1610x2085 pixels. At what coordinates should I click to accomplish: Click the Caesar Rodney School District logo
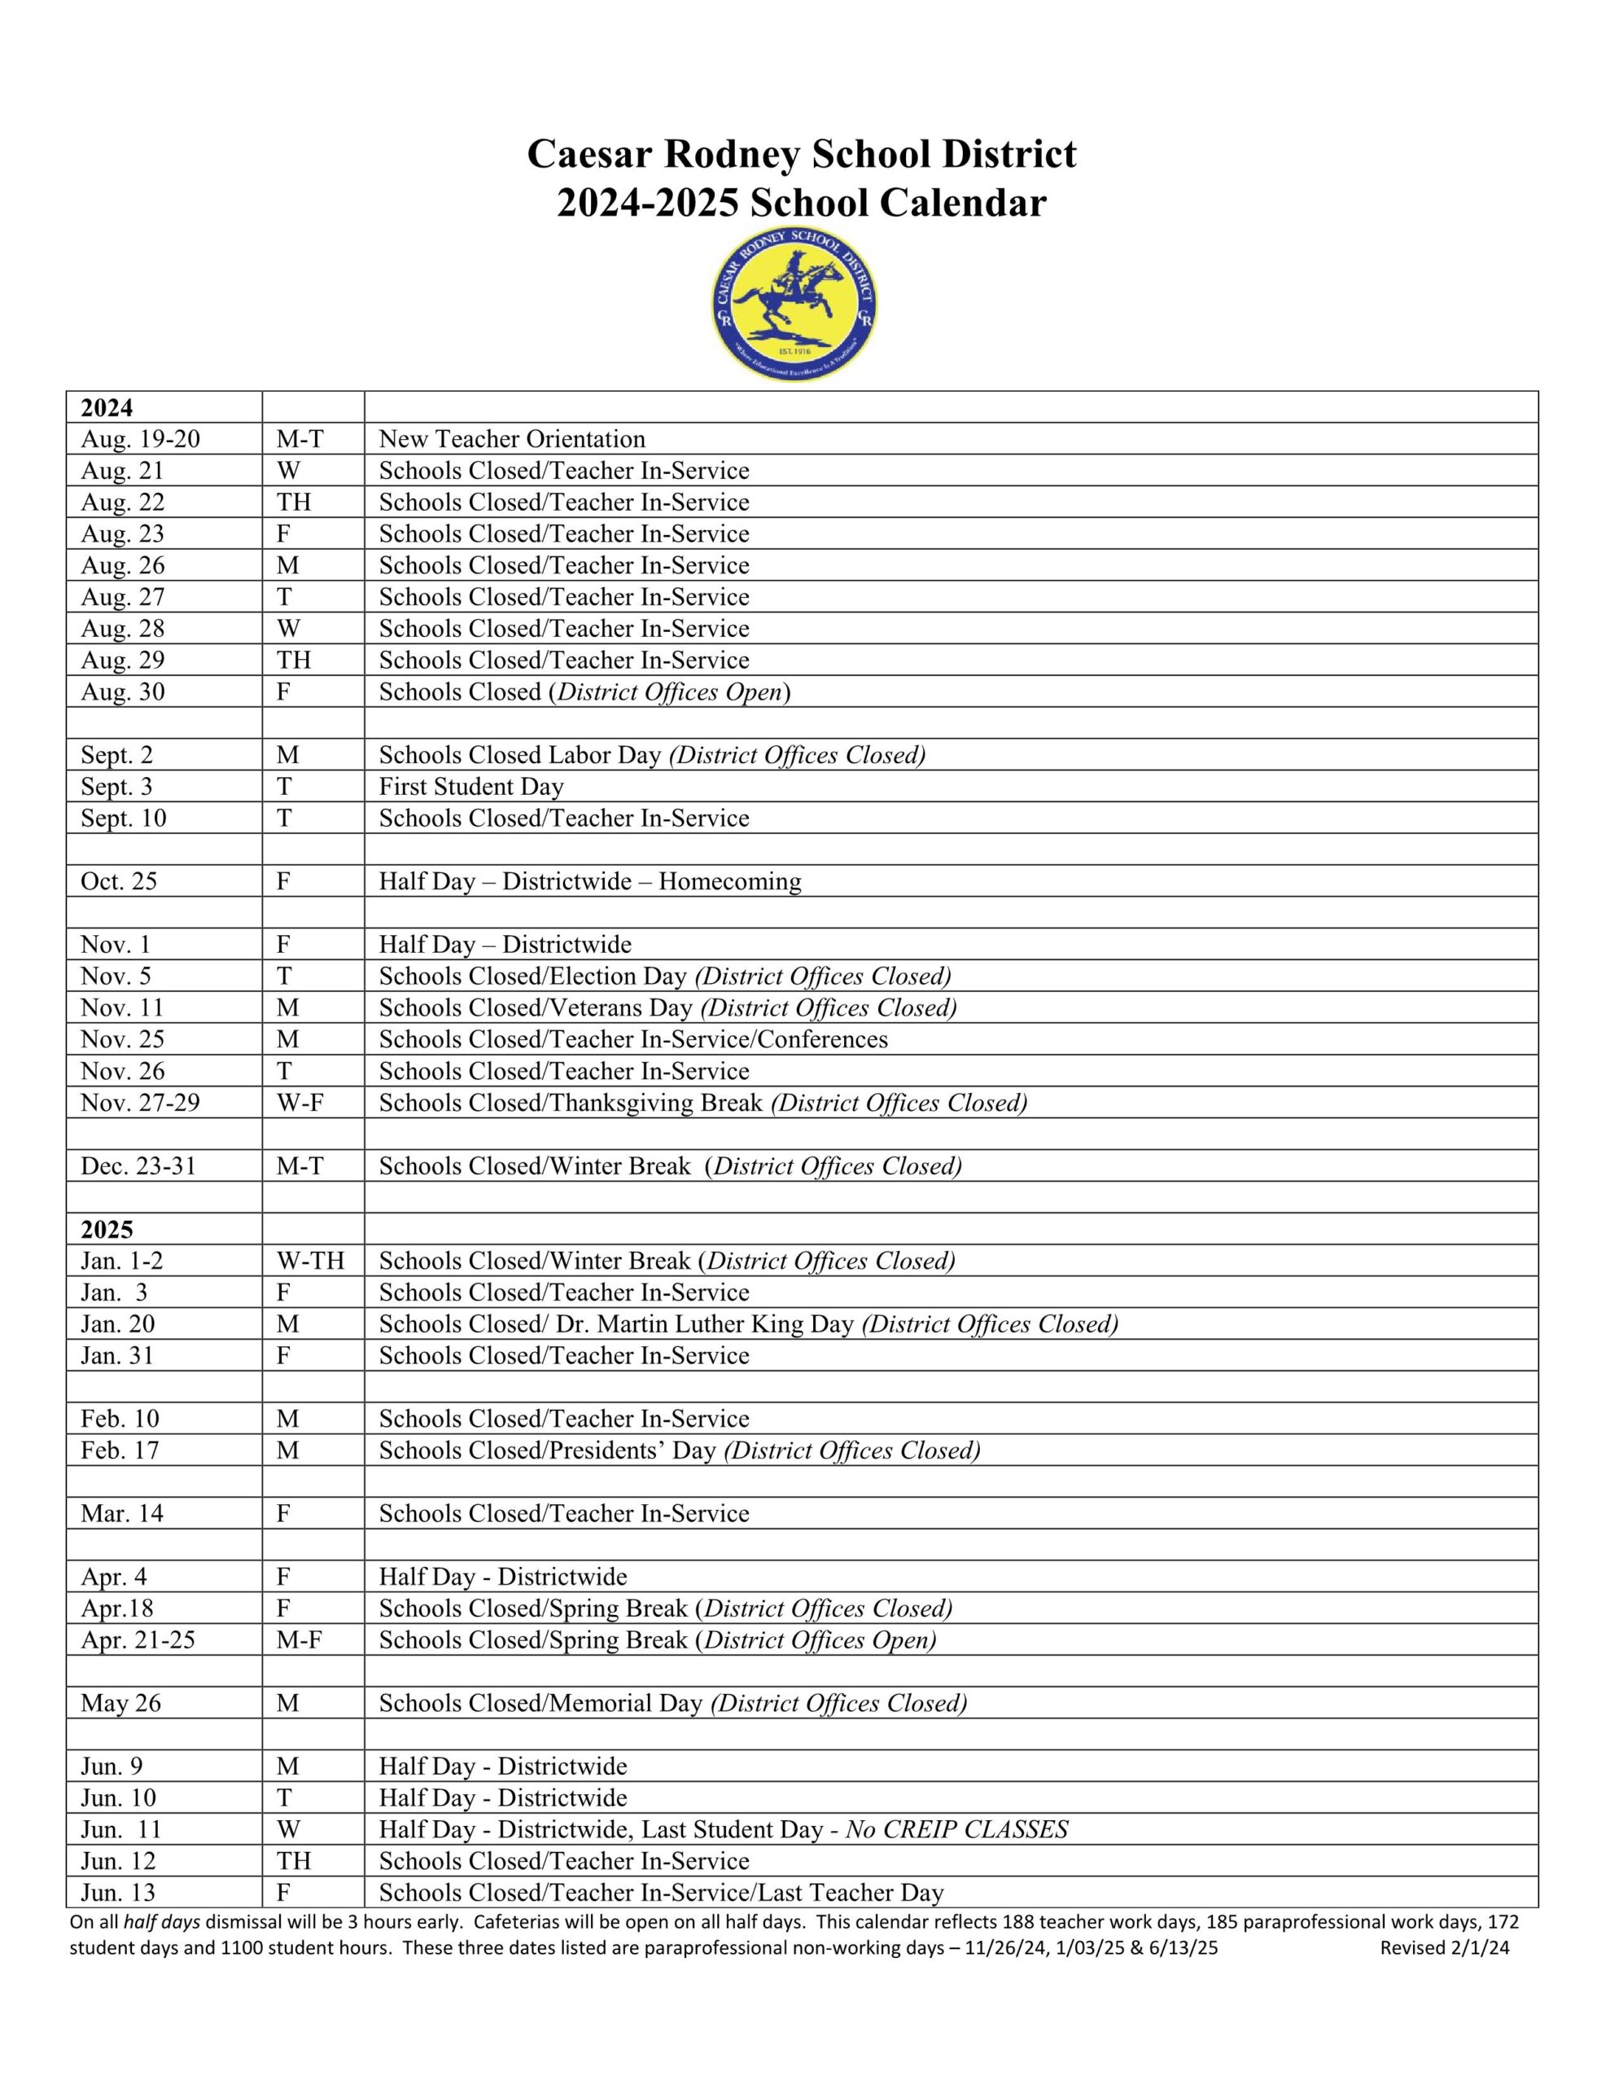[x=795, y=305]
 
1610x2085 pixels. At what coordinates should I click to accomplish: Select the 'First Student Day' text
[x=470, y=787]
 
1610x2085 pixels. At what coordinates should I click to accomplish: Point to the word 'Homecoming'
[x=729, y=881]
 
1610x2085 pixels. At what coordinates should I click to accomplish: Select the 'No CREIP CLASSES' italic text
[x=956, y=1829]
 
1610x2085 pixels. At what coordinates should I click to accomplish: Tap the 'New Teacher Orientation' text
[x=511, y=439]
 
